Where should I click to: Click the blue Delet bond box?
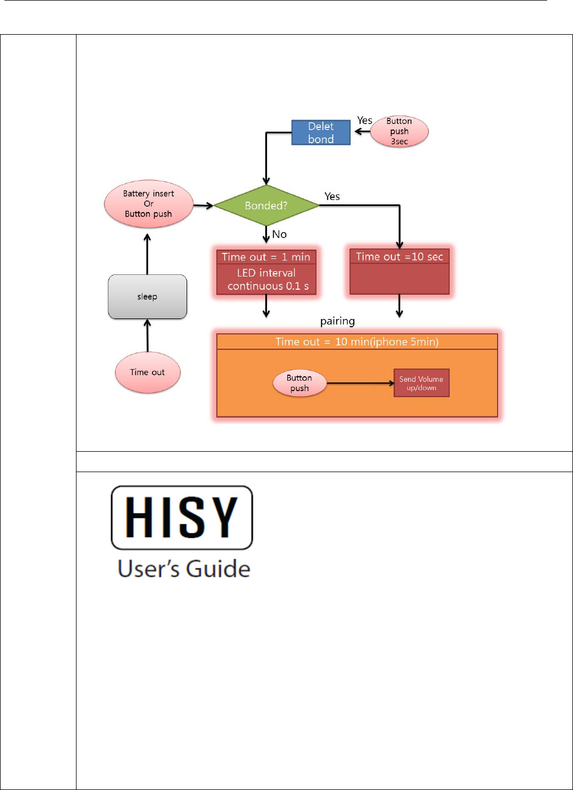click(321, 133)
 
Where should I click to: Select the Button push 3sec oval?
click(399, 132)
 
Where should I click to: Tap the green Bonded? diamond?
click(266, 205)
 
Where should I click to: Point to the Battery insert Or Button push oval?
click(149, 204)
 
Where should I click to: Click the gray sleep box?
click(148, 296)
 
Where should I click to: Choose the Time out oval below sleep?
click(148, 372)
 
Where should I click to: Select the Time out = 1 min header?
click(266, 257)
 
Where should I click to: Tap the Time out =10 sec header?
click(400, 257)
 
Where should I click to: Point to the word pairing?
click(337, 321)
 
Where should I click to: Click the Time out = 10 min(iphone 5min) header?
click(357, 342)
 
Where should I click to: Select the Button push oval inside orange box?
click(299, 383)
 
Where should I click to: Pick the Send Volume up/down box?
click(421, 383)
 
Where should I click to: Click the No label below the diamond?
click(280, 235)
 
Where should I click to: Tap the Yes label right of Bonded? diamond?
click(332, 197)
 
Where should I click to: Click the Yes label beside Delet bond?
click(364, 121)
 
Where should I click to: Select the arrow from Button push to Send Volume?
click(361, 383)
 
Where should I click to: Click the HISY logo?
click(182, 517)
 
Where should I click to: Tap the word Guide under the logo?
click(219, 569)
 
